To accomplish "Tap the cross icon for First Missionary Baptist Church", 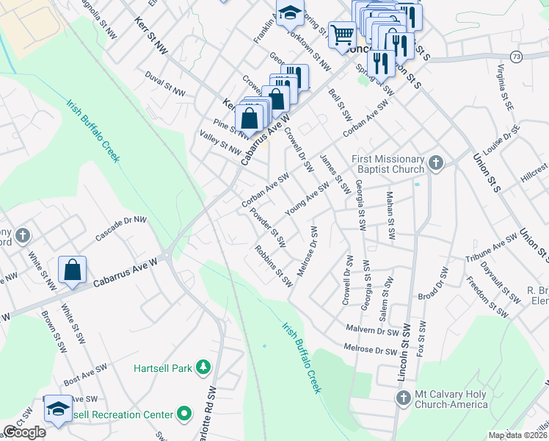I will pos(436,163).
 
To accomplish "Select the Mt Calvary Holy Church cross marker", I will pos(402,399).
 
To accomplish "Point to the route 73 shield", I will pos(517,56).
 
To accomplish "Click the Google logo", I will pos(24,432).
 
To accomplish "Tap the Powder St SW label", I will pos(268,227).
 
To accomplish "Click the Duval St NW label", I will pos(164,87).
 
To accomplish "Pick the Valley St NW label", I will pos(220,143).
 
